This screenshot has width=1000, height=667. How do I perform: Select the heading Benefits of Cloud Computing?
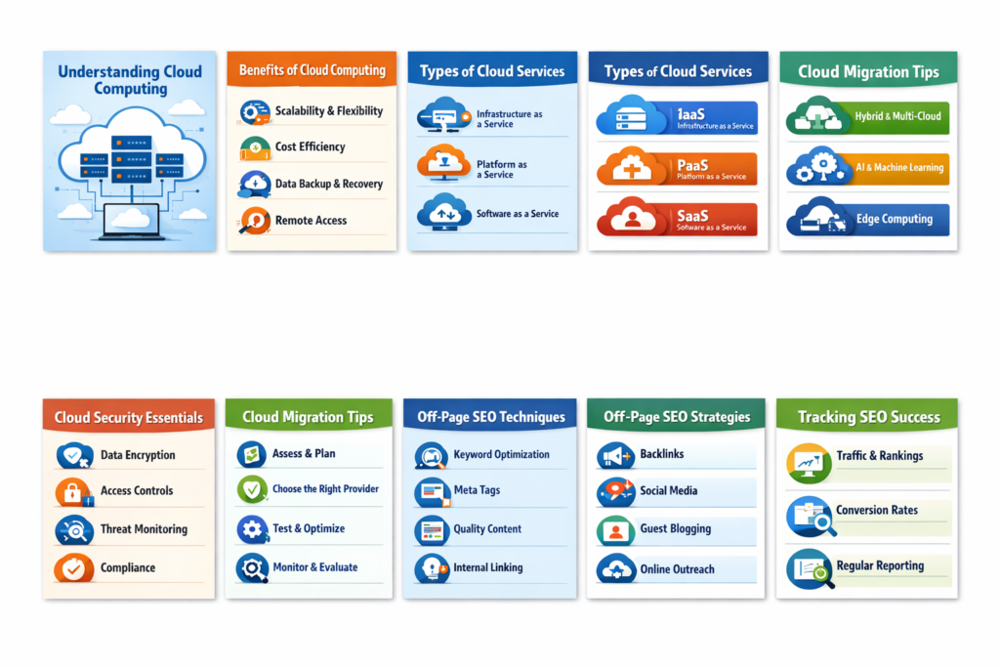(312, 70)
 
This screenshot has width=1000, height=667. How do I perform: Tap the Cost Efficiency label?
(310, 147)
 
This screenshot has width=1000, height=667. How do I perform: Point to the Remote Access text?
(311, 221)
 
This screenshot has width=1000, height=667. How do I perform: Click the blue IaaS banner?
(677, 118)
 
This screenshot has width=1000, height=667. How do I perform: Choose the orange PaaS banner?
(677, 168)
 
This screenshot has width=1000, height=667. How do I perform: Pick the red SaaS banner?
(677, 219)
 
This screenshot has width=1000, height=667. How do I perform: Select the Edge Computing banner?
(868, 219)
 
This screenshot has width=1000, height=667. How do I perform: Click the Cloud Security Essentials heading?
(129, 418)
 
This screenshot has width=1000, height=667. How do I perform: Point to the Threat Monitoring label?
(144, 529)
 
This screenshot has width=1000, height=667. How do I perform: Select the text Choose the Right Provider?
(325, 489)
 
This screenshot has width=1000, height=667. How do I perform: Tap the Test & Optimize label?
(309, 528)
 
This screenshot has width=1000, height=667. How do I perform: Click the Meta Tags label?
(477, 490)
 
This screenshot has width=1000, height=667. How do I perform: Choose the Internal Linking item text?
(487, 567)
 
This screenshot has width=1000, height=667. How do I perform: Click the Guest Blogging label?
(675, 529)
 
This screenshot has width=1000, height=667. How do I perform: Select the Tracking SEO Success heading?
(867, 417)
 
